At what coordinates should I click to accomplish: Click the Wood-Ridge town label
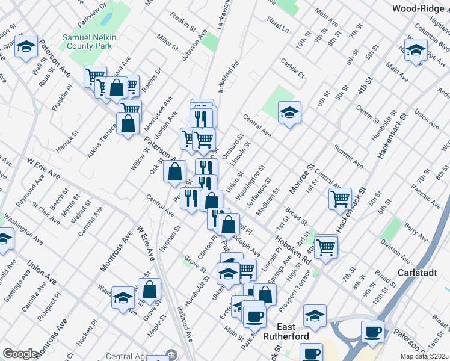click(420, 8)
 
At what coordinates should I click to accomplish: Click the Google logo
click(20, 354)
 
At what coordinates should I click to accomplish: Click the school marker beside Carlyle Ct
click(289, 113)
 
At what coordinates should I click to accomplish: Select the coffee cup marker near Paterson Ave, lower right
click(372, 331)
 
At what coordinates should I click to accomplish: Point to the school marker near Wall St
click(26, 46)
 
